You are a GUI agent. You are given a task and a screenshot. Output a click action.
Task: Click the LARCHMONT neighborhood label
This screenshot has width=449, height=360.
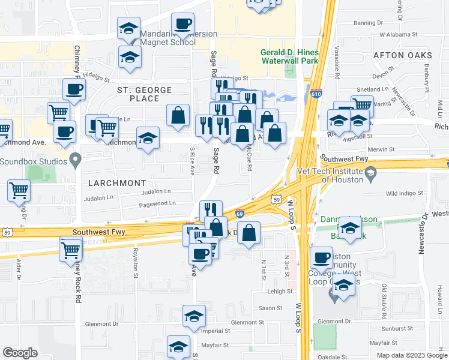[118, 182]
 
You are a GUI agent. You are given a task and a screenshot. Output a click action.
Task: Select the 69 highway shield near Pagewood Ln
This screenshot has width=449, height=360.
[239, 213]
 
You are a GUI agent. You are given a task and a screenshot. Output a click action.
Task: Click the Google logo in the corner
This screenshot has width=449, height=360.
[20, 353]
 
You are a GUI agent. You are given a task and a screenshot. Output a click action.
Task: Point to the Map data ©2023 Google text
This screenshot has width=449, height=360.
[411, 355]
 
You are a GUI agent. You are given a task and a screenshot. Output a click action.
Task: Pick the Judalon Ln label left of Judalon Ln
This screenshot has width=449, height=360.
[98, 197]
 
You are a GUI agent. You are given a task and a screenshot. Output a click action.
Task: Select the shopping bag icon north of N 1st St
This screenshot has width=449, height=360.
[249, 234]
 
